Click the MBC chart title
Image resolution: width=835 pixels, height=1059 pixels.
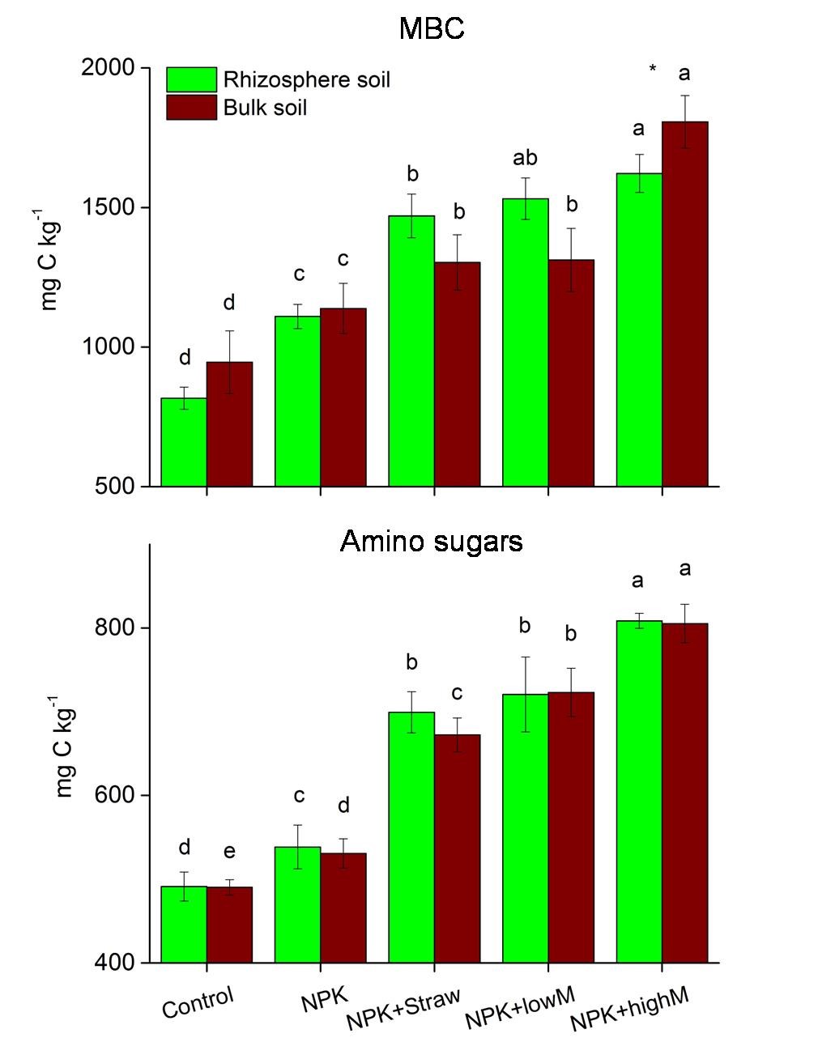432,29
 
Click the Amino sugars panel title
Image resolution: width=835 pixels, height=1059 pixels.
431,541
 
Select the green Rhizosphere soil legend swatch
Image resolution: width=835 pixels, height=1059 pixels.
192,79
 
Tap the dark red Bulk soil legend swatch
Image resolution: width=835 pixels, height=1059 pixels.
192,107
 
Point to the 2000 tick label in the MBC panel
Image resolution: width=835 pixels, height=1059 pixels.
108,68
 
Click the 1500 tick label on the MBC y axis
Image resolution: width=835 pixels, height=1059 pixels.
108,207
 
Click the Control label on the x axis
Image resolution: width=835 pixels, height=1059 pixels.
198,1002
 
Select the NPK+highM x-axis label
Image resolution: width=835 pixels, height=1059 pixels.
629,1010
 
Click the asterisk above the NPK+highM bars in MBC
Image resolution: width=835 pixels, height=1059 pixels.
653,70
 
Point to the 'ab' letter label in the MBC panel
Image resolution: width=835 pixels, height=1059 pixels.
525,158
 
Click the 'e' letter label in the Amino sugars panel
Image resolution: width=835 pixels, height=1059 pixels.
229,852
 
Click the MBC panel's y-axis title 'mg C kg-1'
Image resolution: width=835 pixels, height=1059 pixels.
50,259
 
